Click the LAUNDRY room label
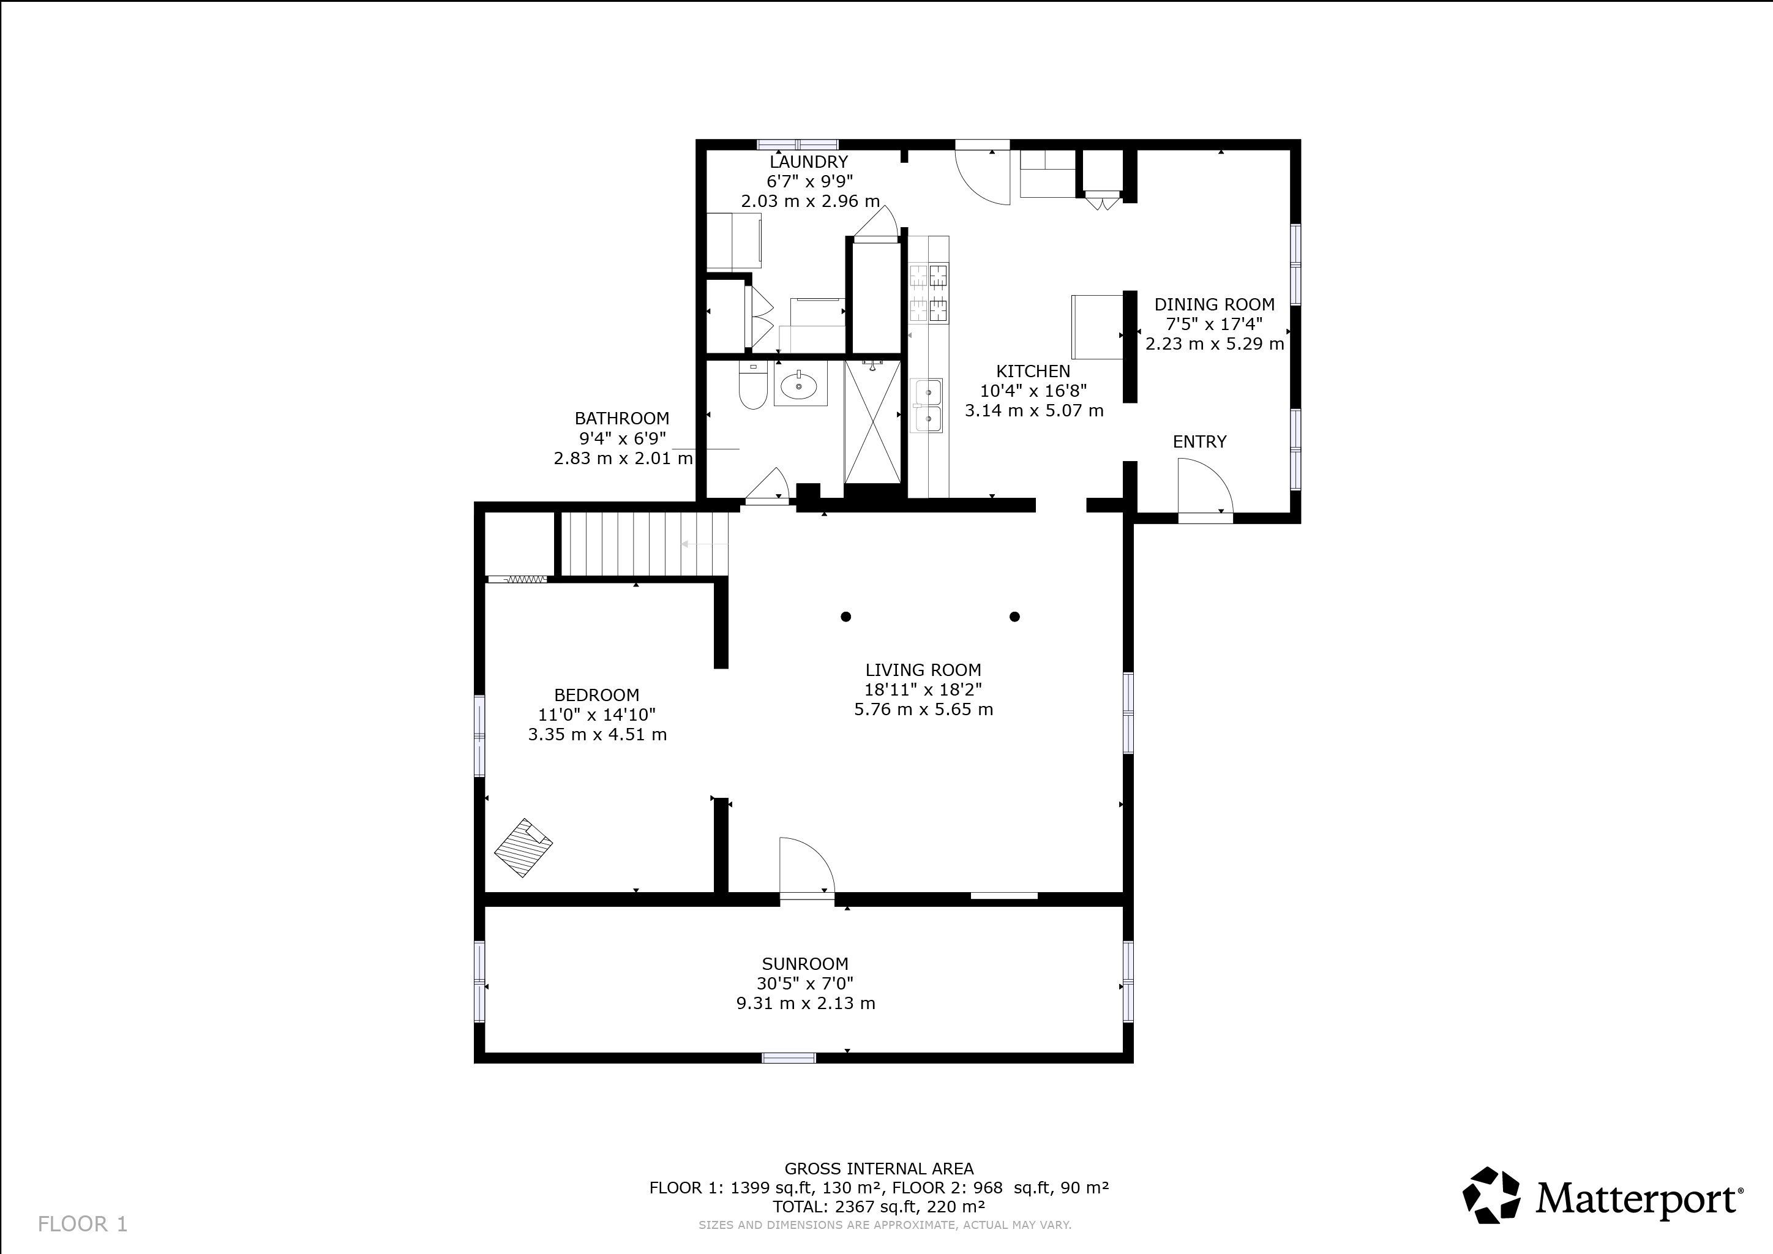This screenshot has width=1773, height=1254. pos(809,162)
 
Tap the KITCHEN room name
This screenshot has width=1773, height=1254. pos(1033,372)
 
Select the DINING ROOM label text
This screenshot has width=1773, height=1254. pos(1214,305)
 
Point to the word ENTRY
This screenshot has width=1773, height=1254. pos(1199,441)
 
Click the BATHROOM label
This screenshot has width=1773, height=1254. pos(621,419)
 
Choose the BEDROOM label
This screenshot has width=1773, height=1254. pos(597,695)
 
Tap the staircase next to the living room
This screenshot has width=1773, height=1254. pos(644,544)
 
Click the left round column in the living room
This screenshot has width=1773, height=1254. pos(845,616)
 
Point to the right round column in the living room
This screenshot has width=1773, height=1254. pos(1014,616)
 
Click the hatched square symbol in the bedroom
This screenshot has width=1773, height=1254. pos(523,847)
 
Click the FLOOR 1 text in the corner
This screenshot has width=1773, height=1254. pos(83,1224)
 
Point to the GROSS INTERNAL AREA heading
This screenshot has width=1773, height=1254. pos(879,1169)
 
